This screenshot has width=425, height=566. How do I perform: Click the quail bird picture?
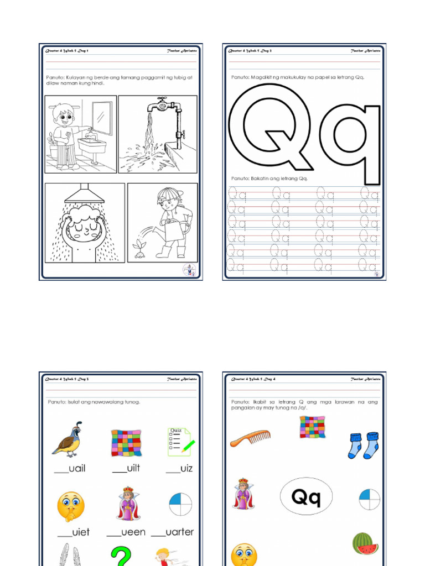67,439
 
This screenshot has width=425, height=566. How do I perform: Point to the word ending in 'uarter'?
173,532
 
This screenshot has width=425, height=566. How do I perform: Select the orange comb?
250,437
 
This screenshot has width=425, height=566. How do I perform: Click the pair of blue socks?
363,445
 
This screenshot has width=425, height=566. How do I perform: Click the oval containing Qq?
306,496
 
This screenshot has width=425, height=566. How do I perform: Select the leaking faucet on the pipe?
160,105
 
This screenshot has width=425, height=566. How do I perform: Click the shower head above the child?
84,195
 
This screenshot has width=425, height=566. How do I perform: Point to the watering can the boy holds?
173,229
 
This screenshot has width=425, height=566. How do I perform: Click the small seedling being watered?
139,249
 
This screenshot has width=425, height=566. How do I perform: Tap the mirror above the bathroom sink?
101,117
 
